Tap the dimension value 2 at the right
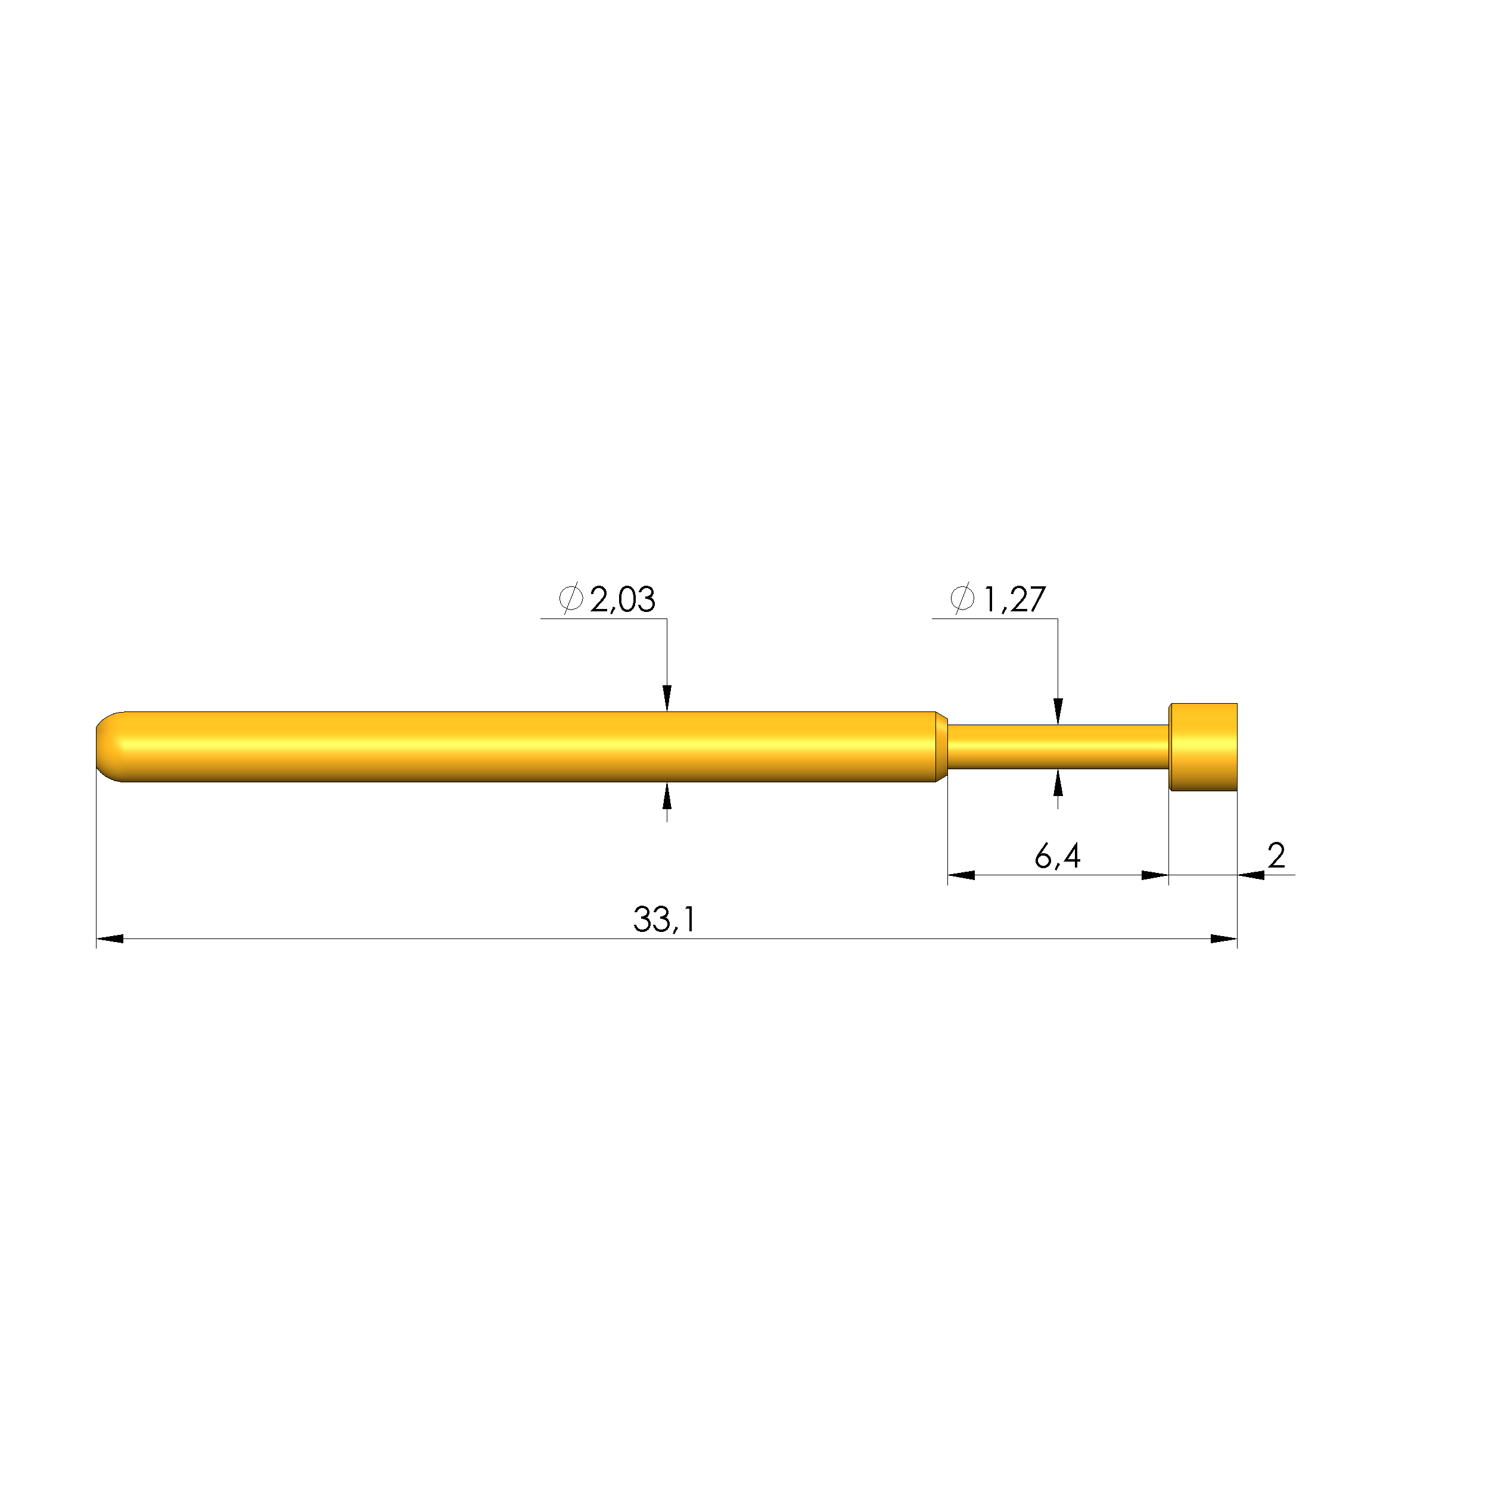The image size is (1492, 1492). point(1276,856)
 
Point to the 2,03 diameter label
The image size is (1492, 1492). point(623,600)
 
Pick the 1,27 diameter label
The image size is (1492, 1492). point(1014,599)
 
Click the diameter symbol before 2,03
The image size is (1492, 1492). point(571,599)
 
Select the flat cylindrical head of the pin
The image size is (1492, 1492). point(1203,747)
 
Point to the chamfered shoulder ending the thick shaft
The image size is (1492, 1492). point(941,747)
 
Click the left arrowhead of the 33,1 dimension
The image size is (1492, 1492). point(110,939)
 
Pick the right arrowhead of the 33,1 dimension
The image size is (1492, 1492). point(1223,939)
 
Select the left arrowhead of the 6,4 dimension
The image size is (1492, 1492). point(962,875)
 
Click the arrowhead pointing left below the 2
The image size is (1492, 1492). point(1251,875)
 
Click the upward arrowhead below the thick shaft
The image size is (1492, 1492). point(667,795)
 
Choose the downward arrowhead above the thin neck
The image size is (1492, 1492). point(1058,711)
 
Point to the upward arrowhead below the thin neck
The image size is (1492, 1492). point(1058,782)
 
